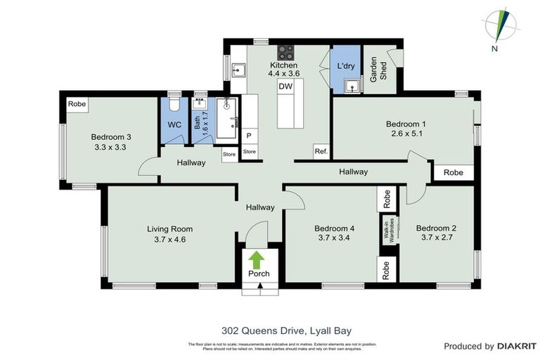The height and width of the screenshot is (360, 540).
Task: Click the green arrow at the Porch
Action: click(x=257, y=259)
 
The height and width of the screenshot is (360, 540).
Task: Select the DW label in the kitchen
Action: click(x=285, y=86)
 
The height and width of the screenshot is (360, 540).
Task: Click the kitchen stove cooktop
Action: click(x=286, y=51)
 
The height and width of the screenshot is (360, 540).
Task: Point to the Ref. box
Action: click(x=321, y=152)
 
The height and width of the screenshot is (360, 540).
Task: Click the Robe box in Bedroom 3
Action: click(x=77, y=104)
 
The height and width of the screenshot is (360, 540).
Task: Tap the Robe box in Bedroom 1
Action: click(x=454, y=172)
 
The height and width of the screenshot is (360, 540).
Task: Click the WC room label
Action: click(x=174, y=125)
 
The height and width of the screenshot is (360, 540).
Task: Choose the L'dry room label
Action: click(x=345, y=66)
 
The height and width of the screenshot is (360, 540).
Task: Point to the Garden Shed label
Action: click(x=379, y=69)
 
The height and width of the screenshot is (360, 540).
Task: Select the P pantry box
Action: click(x=248, y=136)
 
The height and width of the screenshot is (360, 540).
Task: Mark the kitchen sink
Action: click(x=239, y=70)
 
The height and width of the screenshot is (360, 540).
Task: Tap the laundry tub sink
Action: click(x=352, y=86)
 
